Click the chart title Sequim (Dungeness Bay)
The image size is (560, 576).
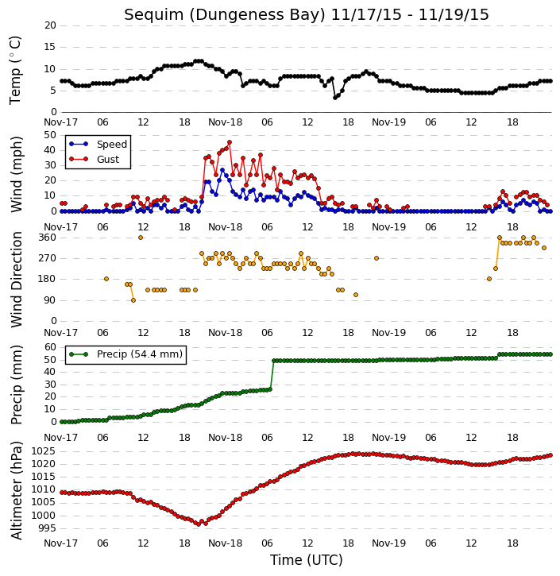[225, 15]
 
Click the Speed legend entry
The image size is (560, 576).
[98, 145]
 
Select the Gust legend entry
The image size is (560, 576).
[95, 160]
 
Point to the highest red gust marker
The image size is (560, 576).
[230, 142]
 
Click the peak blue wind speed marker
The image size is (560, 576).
[222, 170]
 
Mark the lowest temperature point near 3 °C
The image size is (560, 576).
[335, 98]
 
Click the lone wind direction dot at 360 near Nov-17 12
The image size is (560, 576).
[141, 238]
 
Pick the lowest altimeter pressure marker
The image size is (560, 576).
[199, 524]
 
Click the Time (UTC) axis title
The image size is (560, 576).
[307, 560]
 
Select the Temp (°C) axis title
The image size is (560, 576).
[15, 70]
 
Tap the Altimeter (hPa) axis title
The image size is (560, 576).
[16, 491]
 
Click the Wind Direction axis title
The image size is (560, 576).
[16, 280]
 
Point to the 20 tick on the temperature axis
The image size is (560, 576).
[50, 25]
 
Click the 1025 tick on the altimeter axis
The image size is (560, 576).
[44, 451]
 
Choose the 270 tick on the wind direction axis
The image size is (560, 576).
[47, 258]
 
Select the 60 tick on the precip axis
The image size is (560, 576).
[50, 347]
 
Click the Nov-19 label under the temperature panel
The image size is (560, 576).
[389, 122]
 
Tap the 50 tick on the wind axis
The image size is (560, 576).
[50, 135]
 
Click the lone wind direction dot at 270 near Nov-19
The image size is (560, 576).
[377, 258]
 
